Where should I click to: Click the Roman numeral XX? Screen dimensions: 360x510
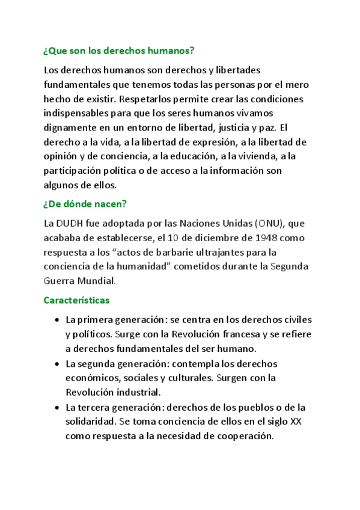click(x=295, y=422)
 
